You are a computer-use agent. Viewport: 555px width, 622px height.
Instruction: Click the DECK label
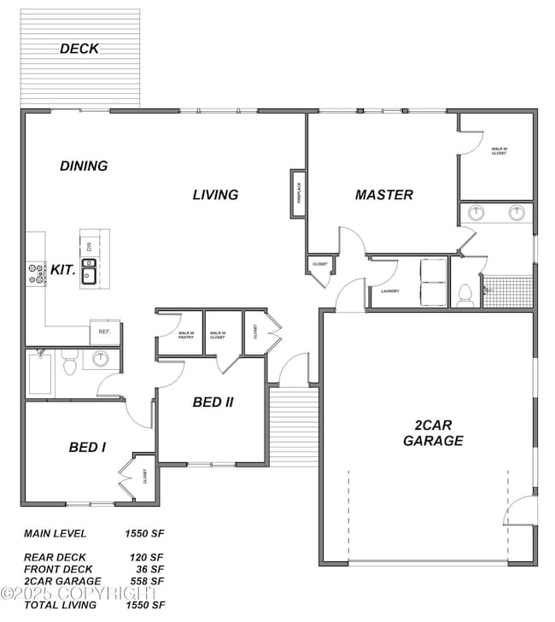tap(79, 49)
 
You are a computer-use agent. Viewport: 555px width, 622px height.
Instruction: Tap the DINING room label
tap(84, 166)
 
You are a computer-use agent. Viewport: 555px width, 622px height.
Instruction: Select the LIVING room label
tap(215, 195)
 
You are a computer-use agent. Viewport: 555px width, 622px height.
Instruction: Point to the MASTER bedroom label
tap(384, 195)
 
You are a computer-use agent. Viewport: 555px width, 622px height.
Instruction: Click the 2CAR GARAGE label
tap(433, 433)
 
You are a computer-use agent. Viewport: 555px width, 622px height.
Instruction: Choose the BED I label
tap(87, 447)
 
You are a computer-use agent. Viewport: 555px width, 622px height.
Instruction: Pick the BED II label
tap(213, 402)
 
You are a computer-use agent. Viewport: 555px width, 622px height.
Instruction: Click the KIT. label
tap(63, 269)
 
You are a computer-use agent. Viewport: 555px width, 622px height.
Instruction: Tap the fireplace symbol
tap(299, 192)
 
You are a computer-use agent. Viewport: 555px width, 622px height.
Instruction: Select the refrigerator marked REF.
tap(105, 332)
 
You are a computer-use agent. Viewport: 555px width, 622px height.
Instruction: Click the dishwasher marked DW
tap(89, 246)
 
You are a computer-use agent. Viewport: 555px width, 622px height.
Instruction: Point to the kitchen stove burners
tap(37, 273)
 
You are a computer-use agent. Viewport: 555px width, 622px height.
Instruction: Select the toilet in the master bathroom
tap(465, 295)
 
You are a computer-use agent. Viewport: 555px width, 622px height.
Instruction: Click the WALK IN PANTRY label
tap(185, 336)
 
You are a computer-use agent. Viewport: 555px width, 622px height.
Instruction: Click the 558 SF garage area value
tap(147, 581)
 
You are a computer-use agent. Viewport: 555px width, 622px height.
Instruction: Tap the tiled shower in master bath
tap(508, 290)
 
